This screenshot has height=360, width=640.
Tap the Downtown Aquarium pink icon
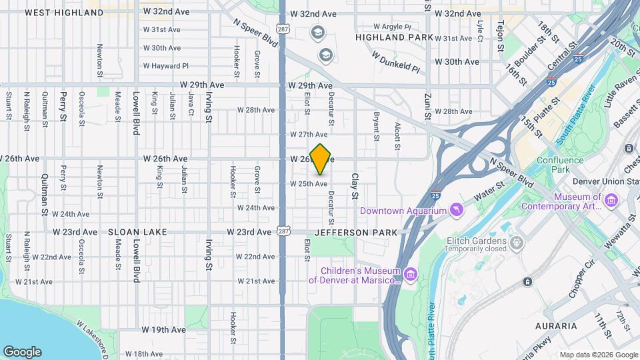(456, 211)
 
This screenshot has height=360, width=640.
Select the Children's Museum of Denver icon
(411, 274)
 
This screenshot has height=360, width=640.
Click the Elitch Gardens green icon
(516, 241)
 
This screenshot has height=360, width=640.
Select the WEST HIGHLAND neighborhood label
(65, 13)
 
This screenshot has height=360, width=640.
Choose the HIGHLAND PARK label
(390, 38)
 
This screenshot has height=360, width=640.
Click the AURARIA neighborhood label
(555, 326)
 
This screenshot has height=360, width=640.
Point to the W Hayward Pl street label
(165, 67)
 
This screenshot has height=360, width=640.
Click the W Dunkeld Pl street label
(396, 63)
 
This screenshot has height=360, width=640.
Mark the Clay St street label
(355, 186)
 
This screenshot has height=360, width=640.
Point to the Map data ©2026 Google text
(598, 354)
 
